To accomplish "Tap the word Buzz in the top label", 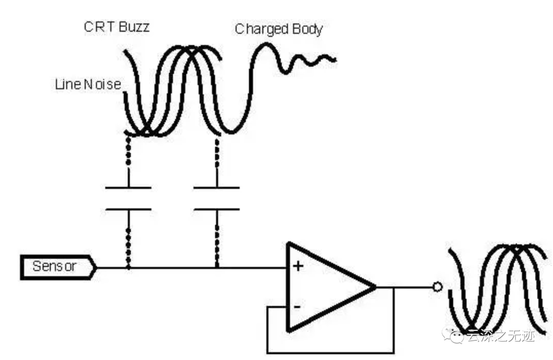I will tap(134, 27).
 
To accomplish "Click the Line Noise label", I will tap(88, 84).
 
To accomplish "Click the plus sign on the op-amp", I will tap(297, 266).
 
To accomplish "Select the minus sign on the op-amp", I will tap(296, 307).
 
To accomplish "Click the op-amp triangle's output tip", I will tap(375, 287).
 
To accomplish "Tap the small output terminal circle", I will tap(437, 287).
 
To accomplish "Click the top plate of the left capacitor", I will tap(128, 188).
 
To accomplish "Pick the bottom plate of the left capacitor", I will tap(128, 209).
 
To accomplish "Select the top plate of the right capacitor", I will tap(217, 188).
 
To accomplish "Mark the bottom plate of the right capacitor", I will tap(217, 209).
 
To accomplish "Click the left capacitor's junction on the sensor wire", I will tap(128, 267).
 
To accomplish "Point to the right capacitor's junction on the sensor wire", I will tap(217, 267).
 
